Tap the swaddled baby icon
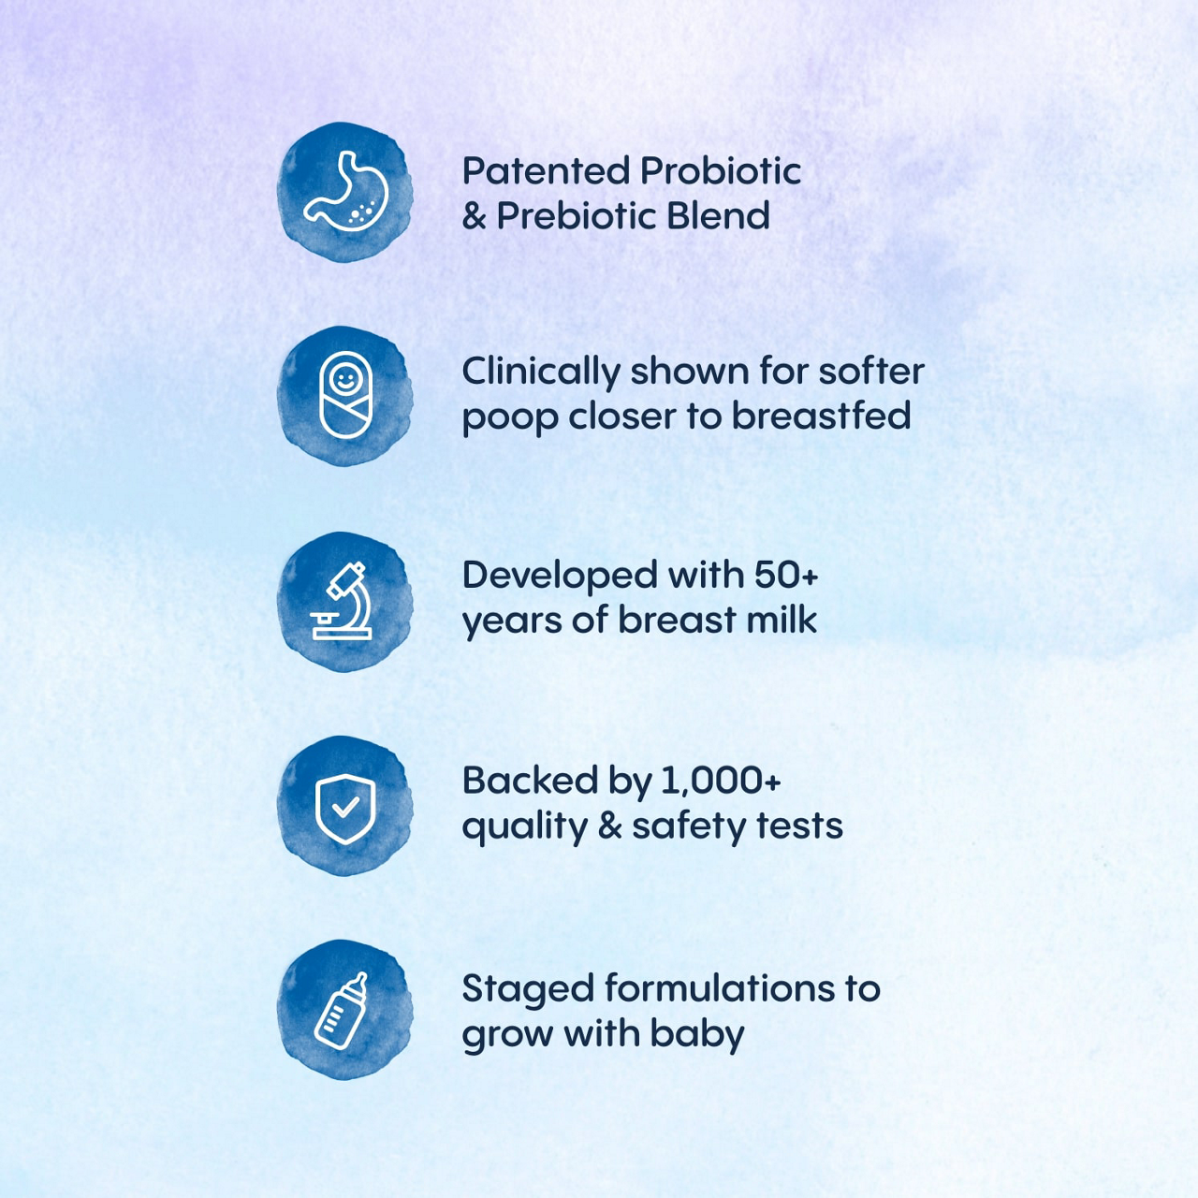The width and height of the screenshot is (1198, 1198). click(345, 395)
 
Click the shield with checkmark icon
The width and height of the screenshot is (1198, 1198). click(345, 809)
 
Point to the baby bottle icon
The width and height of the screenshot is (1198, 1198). click(341, 1011)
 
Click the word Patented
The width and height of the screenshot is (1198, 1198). click(546, 171)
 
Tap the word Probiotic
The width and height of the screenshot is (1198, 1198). click(721, 171)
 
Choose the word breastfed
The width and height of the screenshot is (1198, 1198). click(821, 415)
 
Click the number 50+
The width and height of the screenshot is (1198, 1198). click(786, 575)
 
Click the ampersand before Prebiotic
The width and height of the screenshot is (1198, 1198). click(475, 216)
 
